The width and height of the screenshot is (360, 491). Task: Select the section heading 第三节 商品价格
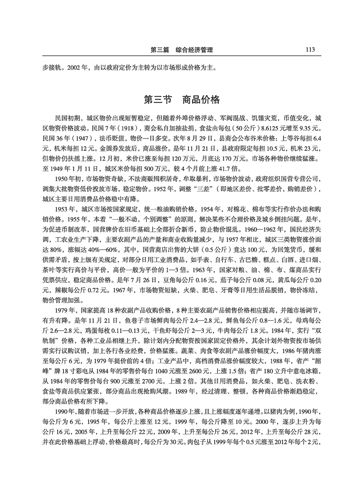pos(182,99)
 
